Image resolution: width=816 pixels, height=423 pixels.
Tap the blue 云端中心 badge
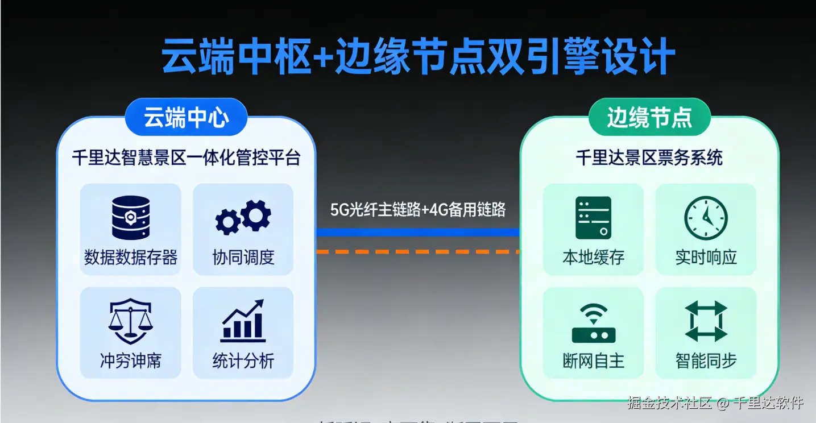186,118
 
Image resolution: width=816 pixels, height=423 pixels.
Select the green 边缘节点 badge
649,118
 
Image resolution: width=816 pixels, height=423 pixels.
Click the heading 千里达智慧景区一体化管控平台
186,157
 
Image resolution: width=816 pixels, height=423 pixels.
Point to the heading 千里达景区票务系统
649,157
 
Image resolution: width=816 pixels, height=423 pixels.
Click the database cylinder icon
131,218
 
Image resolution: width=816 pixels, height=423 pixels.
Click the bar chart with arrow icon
243,321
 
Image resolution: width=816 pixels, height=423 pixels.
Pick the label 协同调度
243,257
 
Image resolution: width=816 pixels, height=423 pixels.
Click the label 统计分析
243,360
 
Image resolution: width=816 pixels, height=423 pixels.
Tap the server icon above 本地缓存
593,218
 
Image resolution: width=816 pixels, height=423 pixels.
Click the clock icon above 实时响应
706,218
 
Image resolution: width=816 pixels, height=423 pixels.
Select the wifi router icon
593,322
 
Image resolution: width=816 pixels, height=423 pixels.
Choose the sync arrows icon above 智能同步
706,321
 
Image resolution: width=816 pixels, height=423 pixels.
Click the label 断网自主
593,360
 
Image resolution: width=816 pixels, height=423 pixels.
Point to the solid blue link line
418,232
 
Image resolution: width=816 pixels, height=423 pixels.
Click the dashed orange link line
418,251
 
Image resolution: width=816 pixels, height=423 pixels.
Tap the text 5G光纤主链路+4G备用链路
418,210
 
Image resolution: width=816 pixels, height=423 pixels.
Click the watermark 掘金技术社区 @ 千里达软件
715,403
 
